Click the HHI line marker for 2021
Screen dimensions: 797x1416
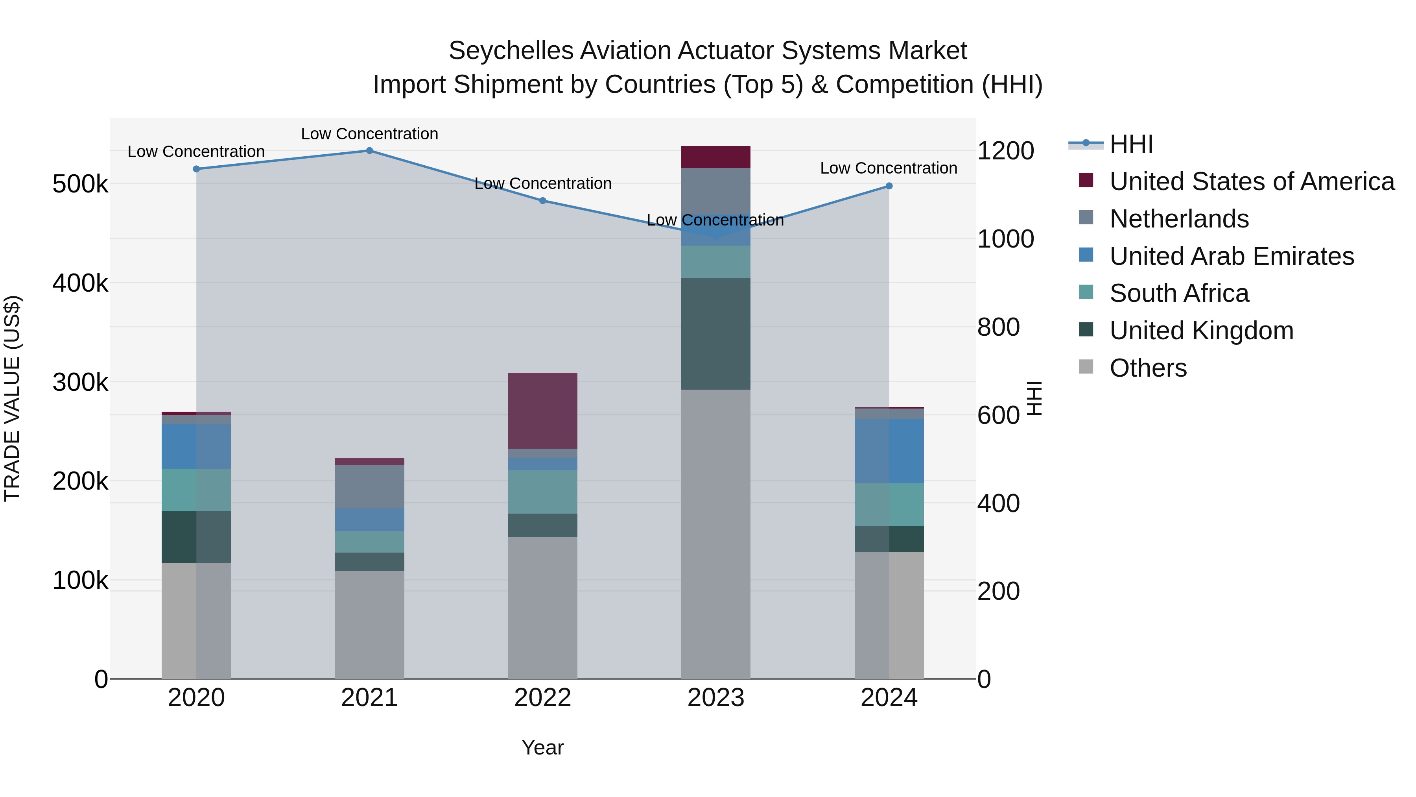369,151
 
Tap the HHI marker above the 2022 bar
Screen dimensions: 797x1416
542,201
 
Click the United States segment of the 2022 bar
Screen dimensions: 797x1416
542,411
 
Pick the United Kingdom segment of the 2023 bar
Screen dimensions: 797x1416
716,334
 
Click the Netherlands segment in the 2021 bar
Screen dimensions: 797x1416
369,487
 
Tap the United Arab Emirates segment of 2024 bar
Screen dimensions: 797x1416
889,451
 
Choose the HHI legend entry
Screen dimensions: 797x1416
1131,144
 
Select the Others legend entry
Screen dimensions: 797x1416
1148,368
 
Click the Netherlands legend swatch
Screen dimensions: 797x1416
1086,218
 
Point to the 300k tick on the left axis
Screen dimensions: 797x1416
80,382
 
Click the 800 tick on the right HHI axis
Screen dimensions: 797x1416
998,327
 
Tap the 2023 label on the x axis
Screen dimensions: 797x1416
716,698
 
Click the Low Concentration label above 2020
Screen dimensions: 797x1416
196,152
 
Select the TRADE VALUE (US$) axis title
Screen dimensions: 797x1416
12,398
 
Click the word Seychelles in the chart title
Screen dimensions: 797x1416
511,51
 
